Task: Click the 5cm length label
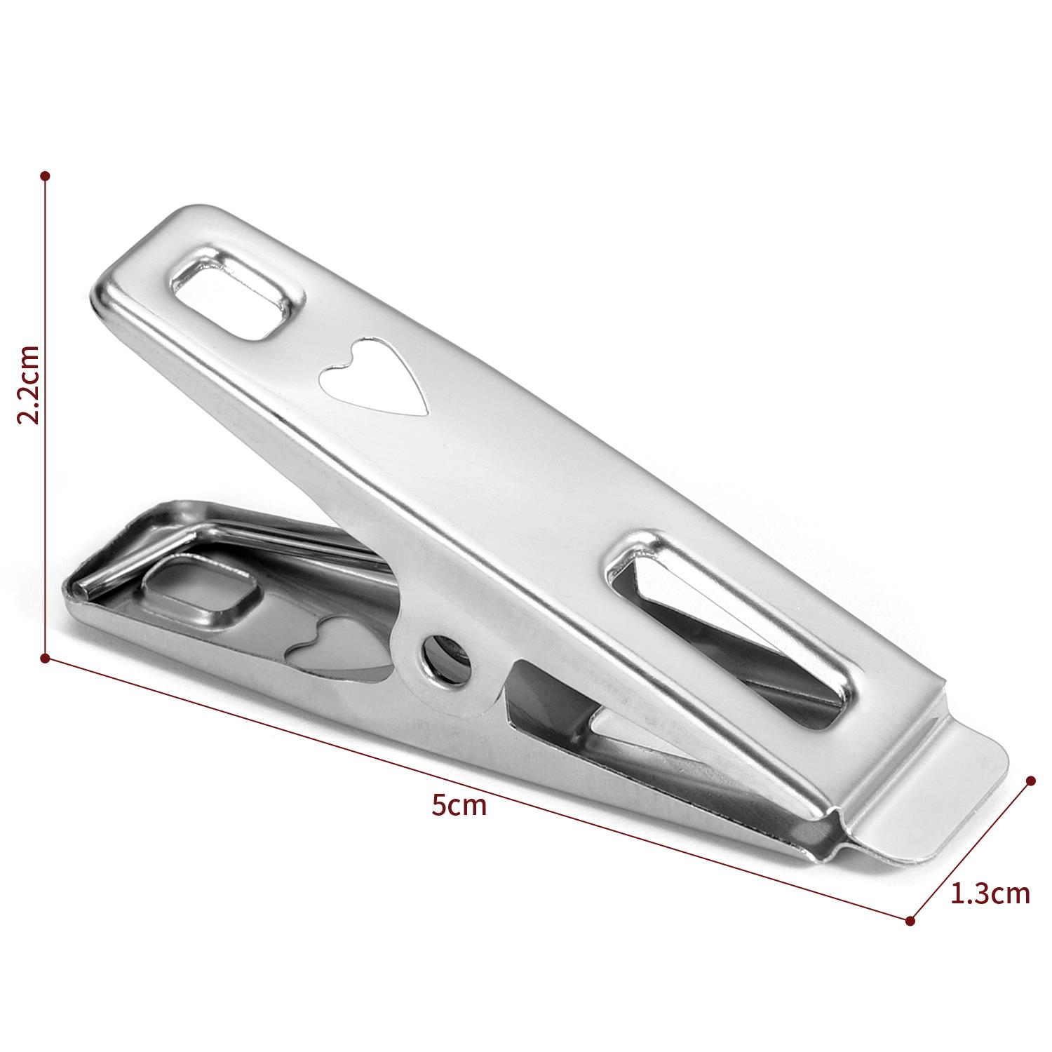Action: [x=459, y=805]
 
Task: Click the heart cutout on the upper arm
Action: [x=374, y=377]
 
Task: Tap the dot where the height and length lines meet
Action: [x=46, y=658]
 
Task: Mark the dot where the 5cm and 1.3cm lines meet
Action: [x=910, y=920]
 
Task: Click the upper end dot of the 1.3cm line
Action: [x=1031, y=781]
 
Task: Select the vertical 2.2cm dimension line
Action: [x=46, y=491]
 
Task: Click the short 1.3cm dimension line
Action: [x=971, y=850]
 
